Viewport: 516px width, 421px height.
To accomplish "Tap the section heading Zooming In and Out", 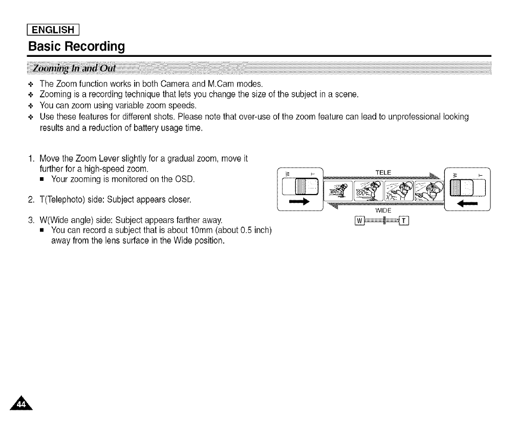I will pyautogui.click(x=74, y=69).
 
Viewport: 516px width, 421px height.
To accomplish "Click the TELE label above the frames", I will pyautogui.click(x=383, y=173).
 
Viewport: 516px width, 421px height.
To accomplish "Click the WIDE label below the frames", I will pyautogui.click(x=383, y=210).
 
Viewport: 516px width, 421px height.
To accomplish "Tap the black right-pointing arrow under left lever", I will pyautogui.click(x=300, y=202).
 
